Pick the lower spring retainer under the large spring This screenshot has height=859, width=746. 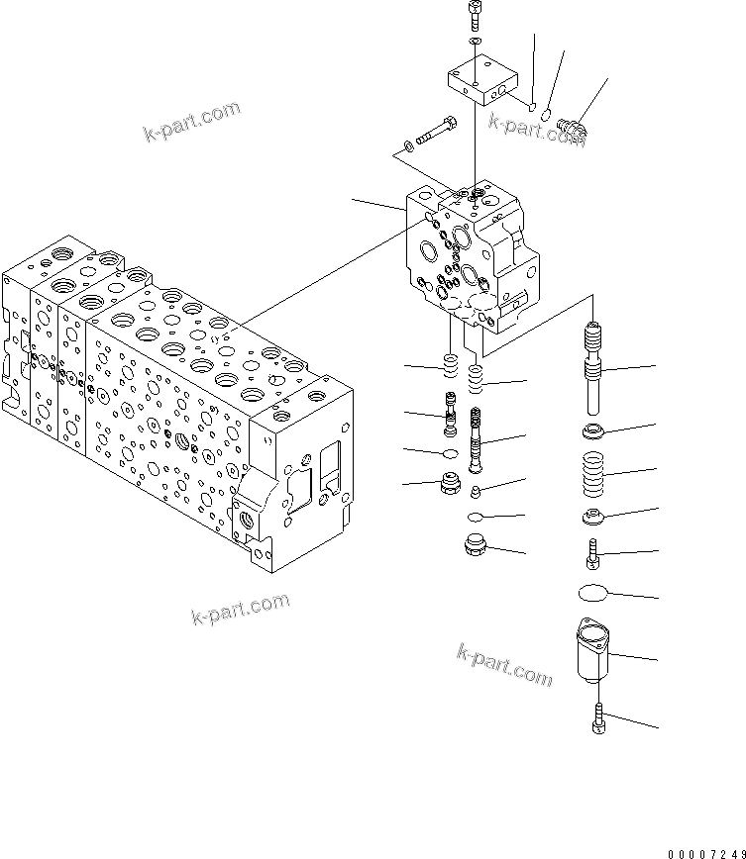point(595,517)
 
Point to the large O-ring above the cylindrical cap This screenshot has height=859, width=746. point(595,593)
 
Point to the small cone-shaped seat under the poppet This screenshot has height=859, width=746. point(477,492)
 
